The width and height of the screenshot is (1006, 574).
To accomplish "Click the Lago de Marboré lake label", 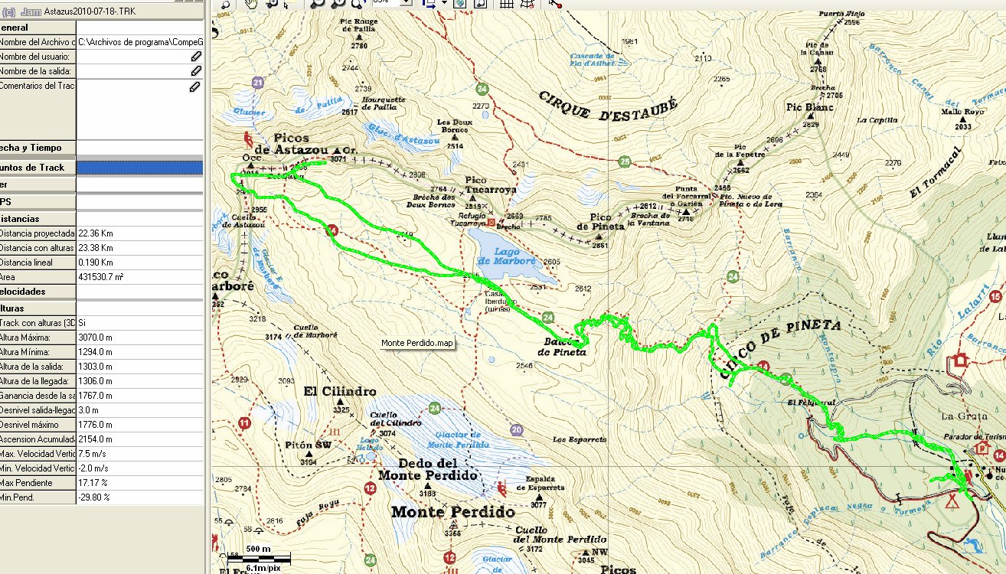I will (506, 256).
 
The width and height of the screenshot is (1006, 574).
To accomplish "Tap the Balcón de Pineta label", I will (562, 347).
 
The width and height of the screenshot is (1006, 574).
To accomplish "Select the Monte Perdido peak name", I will (452, 512).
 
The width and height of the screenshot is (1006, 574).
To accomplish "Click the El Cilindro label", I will (339, 391).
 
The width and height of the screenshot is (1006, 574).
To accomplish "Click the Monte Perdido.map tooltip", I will (417, 343).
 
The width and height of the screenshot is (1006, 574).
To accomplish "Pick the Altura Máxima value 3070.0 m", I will (96, 338).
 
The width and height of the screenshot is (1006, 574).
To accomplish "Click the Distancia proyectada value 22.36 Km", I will (96, 233).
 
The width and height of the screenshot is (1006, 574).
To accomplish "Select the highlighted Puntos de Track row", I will (101, 168).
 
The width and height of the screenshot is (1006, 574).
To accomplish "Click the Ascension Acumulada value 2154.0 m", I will (96, 439).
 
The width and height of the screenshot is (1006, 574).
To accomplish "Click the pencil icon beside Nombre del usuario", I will (196, 57).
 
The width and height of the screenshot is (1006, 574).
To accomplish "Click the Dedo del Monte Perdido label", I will (428, 469).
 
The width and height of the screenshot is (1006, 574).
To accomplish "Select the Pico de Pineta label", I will (600, 223).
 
